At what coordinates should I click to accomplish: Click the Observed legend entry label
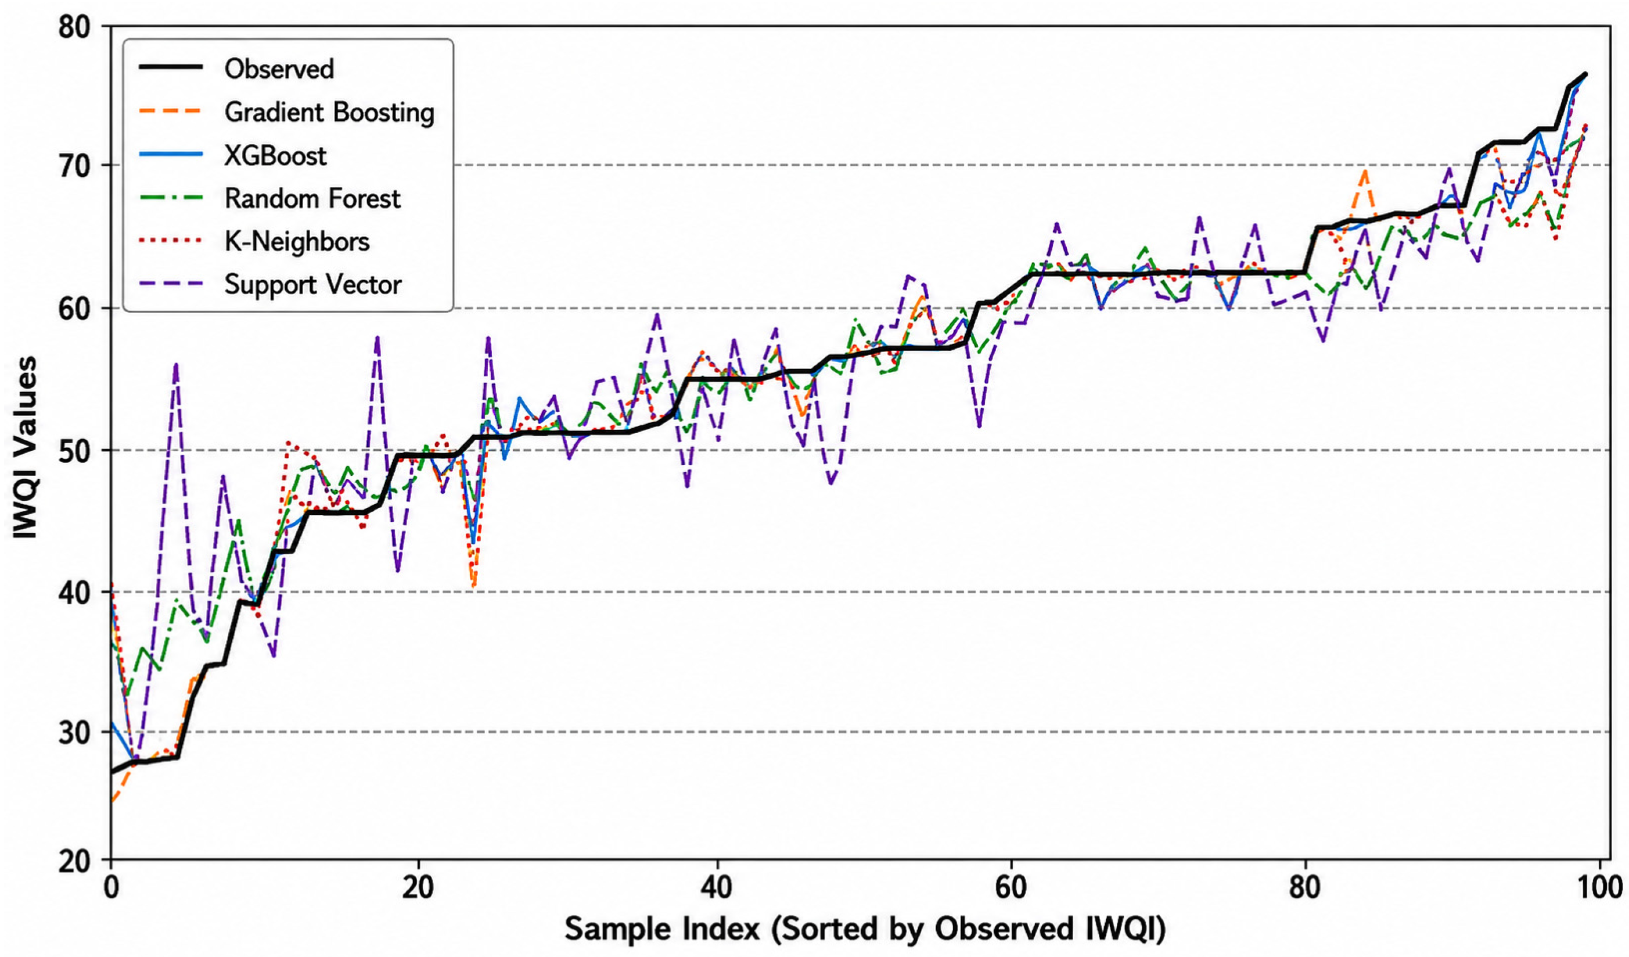[279, 69]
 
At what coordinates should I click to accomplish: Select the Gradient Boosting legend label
[330, 112]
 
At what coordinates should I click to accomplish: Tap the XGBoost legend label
[275, 155]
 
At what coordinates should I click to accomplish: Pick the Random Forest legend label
[313, 199]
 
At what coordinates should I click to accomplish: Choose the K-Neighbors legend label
[297, 242]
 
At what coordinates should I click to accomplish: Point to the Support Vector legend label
[314, 285]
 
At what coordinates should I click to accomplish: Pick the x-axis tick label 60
[1011, 887]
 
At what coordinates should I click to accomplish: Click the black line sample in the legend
[171, 68]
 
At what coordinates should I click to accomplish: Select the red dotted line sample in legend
[171, 241]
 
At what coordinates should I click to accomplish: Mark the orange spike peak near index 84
[1364, 171]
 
